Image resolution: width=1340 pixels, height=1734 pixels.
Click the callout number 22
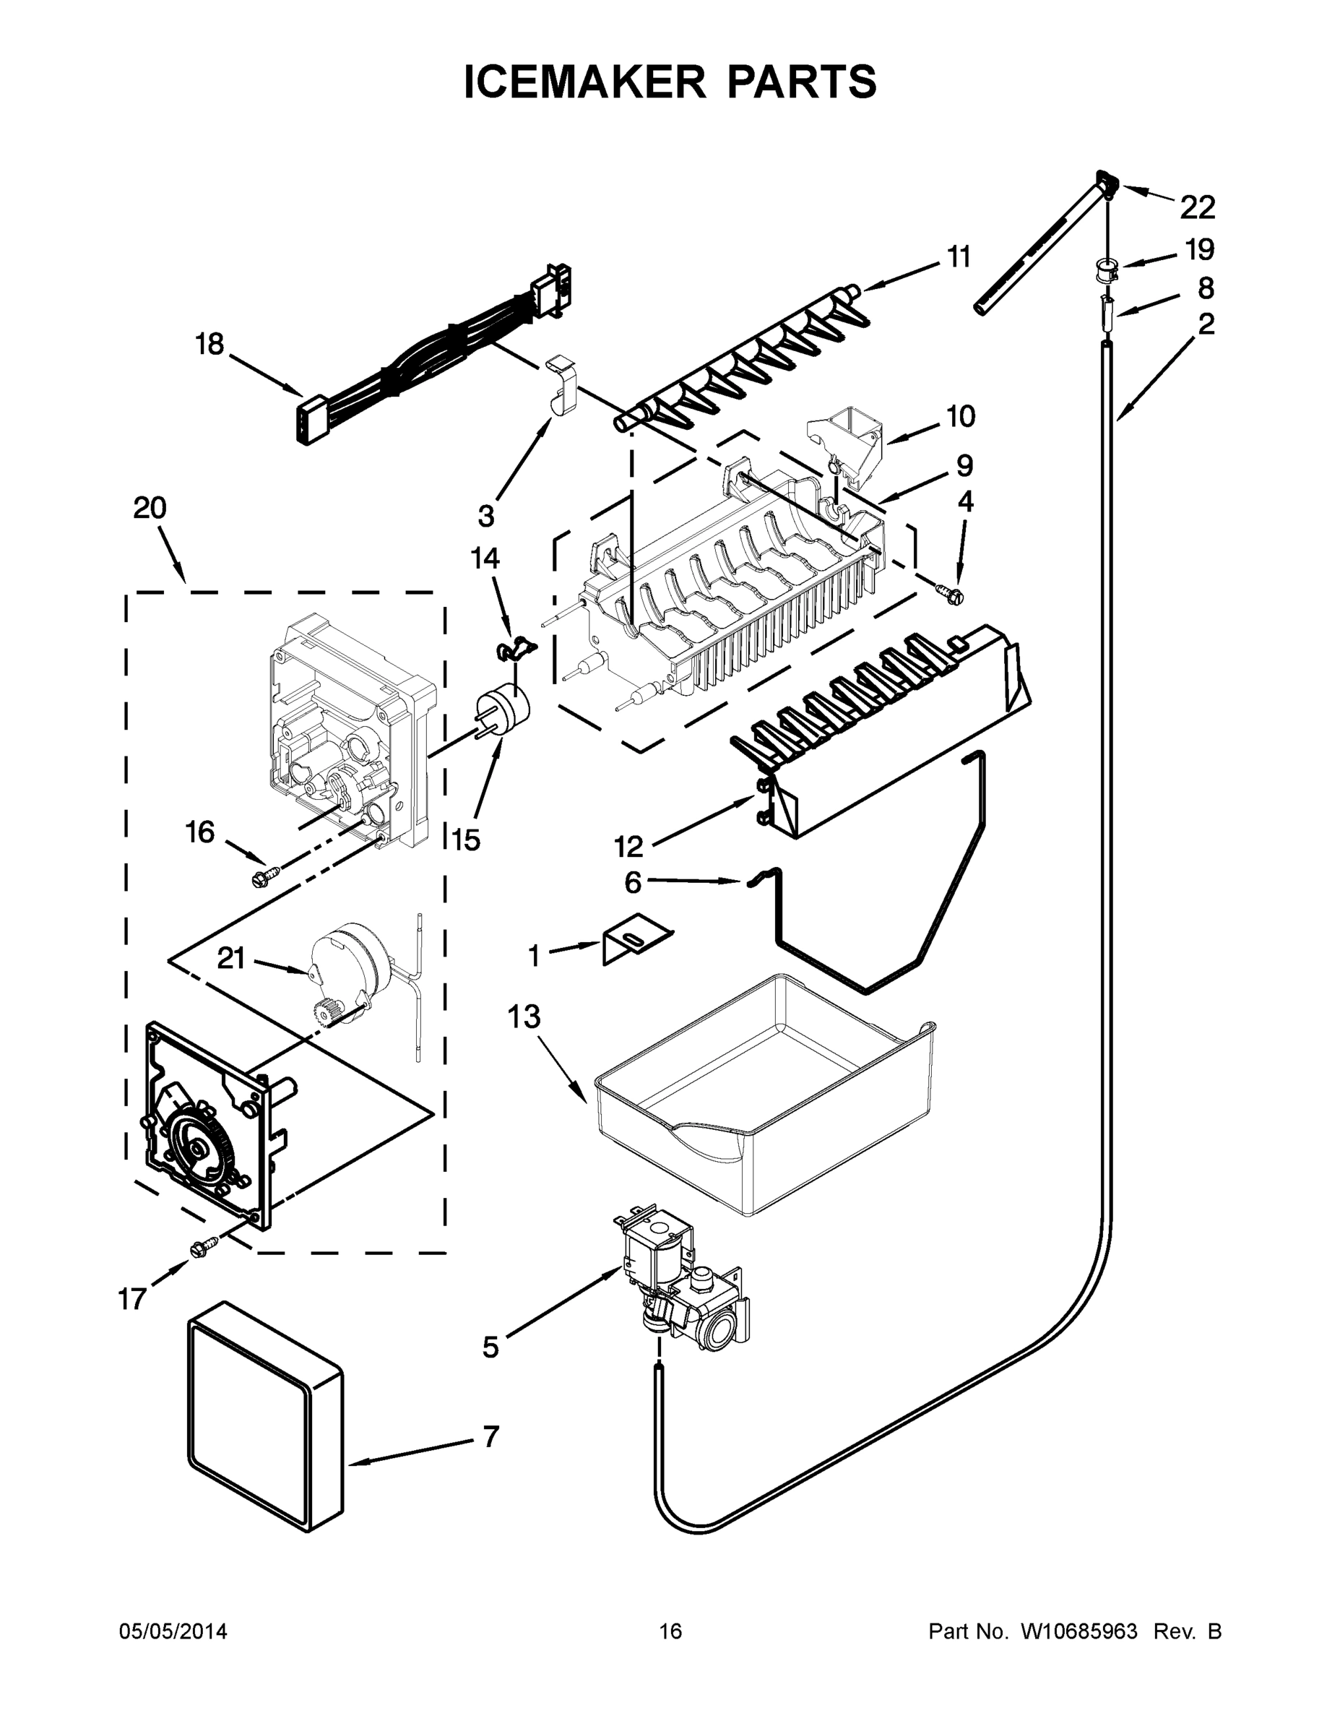tap(1197, 208)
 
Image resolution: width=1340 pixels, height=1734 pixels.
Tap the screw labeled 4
tap(950, 592)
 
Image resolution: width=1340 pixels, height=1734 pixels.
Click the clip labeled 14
tap(514, 649)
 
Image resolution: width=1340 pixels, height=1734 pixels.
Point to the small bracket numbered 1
tap(635, 942)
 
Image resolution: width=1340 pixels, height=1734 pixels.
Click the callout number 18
tap(210, 345)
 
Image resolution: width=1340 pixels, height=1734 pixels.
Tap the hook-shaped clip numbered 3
tap(563, 384)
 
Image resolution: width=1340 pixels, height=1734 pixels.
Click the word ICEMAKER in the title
tap(584, 82)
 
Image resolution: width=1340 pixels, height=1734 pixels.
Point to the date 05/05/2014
tap(173, 1631)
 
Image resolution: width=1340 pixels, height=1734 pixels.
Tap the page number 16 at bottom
tap(671, 1631)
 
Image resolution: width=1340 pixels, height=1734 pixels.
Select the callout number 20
tap(150, 507)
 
